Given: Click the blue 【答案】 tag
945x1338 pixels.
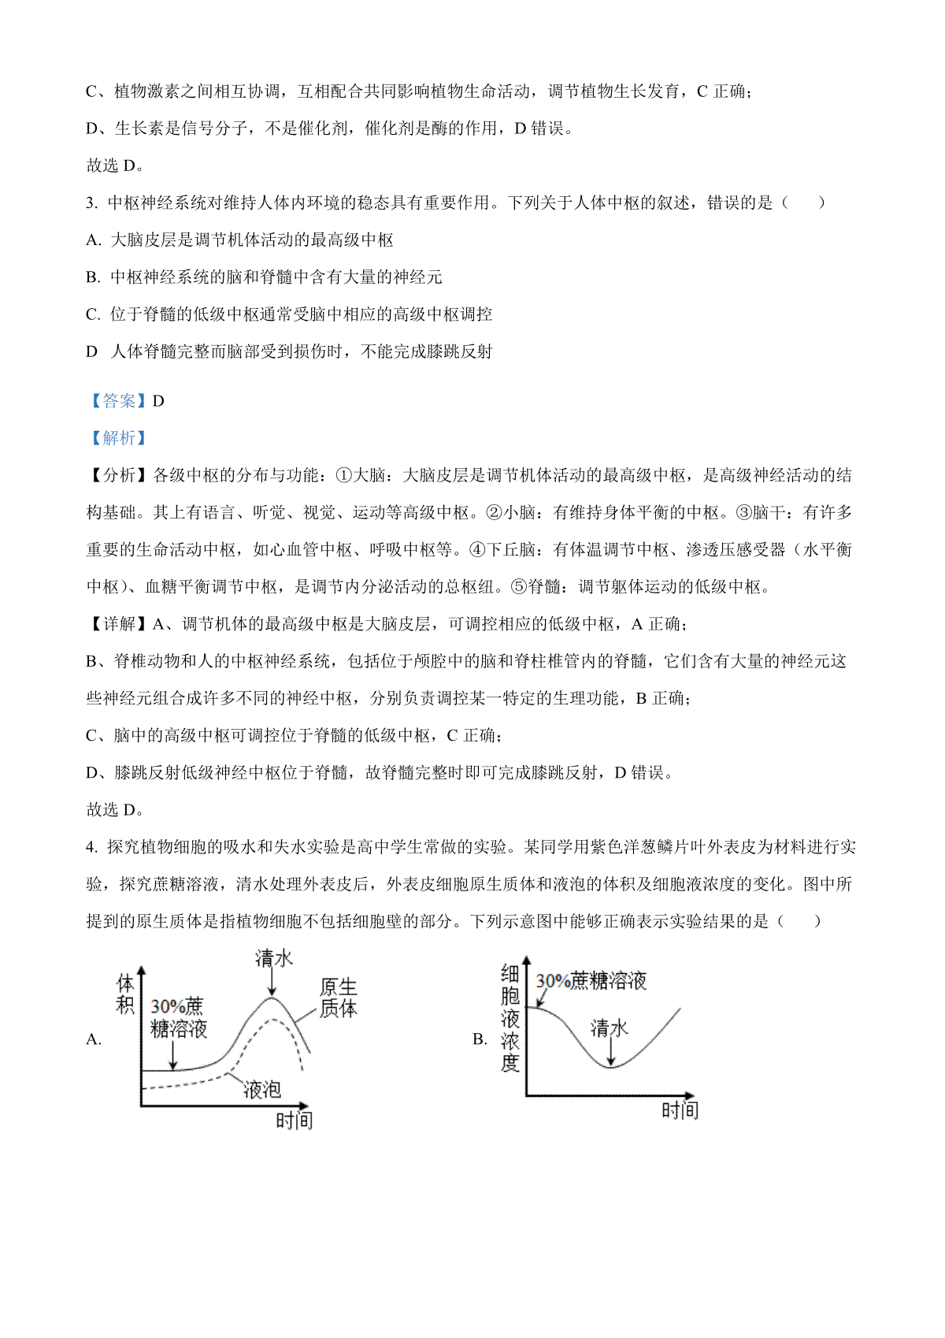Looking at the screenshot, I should coord(117,401).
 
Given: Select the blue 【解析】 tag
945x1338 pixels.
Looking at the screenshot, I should coord(117,438).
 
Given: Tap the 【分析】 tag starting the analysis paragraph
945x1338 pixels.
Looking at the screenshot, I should coord(117,475).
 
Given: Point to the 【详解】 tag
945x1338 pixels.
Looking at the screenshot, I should coord(117,624).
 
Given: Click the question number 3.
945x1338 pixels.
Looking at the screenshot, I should coord(91,203).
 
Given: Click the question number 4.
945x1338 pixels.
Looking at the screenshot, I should coord(91,847).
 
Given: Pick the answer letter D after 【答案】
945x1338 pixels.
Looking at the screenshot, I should coord(158,401).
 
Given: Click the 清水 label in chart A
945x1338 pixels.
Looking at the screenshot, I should coord(273,958).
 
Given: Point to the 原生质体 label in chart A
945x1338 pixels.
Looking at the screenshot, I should coord(338,998).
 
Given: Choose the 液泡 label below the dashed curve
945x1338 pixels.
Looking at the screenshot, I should coord(262,1090).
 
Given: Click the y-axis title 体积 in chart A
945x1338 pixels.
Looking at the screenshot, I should coord(126,994).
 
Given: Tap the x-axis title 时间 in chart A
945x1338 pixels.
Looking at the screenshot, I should coord(294,1120).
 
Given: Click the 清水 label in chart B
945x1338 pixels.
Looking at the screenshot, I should coord(610,1028).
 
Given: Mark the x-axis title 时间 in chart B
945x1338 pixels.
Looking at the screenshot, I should coord(680,1110).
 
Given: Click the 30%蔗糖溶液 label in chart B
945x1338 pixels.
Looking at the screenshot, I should coord(591,981).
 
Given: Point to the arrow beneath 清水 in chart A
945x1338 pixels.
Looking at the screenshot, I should coord(272,983).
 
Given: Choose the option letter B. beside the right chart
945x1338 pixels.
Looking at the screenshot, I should coord(480,1039).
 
